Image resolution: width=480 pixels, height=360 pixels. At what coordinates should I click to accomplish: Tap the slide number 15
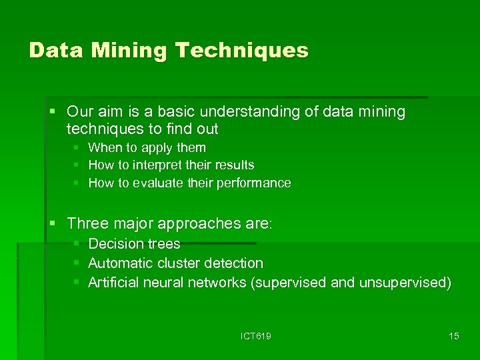point(454,336)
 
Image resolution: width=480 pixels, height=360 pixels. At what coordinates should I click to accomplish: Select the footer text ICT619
point(256,336)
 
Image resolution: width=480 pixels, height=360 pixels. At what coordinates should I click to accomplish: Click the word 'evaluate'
point(159,183)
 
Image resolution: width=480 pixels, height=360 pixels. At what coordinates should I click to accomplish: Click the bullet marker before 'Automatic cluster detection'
point(77,263)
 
